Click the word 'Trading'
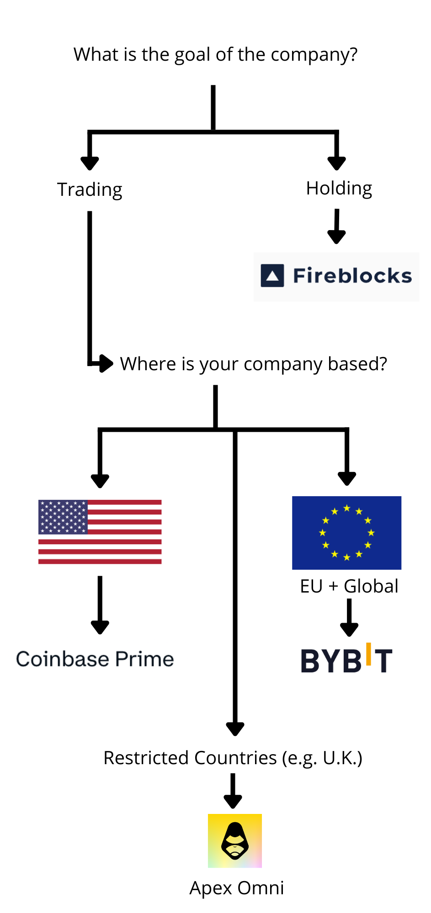point(90,189)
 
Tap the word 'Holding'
point(339,188)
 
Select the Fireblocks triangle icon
point(272,276)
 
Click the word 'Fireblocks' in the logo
point(352,276)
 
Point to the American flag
point(100,532)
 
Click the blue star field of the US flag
point(63,517)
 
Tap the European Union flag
point(346,533)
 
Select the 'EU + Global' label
point(349,586)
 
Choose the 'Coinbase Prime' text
point(95,659)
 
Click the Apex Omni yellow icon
point(235,840)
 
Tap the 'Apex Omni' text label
point(237,888)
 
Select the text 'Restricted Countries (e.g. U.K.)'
point(233,758)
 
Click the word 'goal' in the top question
point(193,55)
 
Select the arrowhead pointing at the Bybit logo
point(349,630)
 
